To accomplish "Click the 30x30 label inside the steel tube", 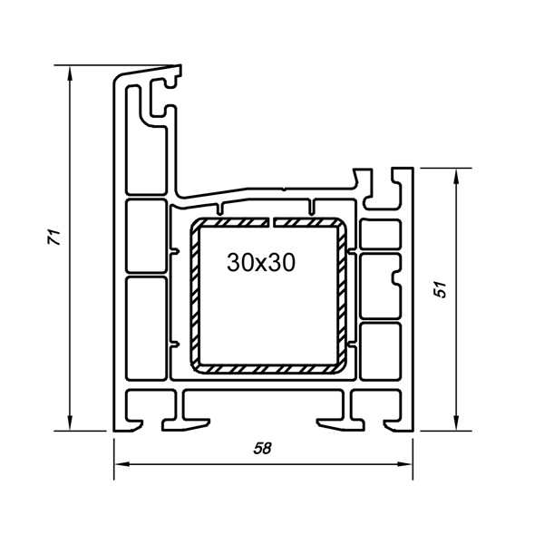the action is [261, 262].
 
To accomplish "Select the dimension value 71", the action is [54, 237].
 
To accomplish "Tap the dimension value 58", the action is [262, 448].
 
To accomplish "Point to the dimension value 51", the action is [441, 289].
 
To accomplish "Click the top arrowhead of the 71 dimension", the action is [70, 73].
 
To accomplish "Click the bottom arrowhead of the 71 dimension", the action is [70, 423].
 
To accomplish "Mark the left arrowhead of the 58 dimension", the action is [121, 464].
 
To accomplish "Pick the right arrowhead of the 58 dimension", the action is [405, 464].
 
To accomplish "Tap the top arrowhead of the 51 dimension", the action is [456, 176].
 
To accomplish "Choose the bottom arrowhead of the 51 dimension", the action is [456, 423].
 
